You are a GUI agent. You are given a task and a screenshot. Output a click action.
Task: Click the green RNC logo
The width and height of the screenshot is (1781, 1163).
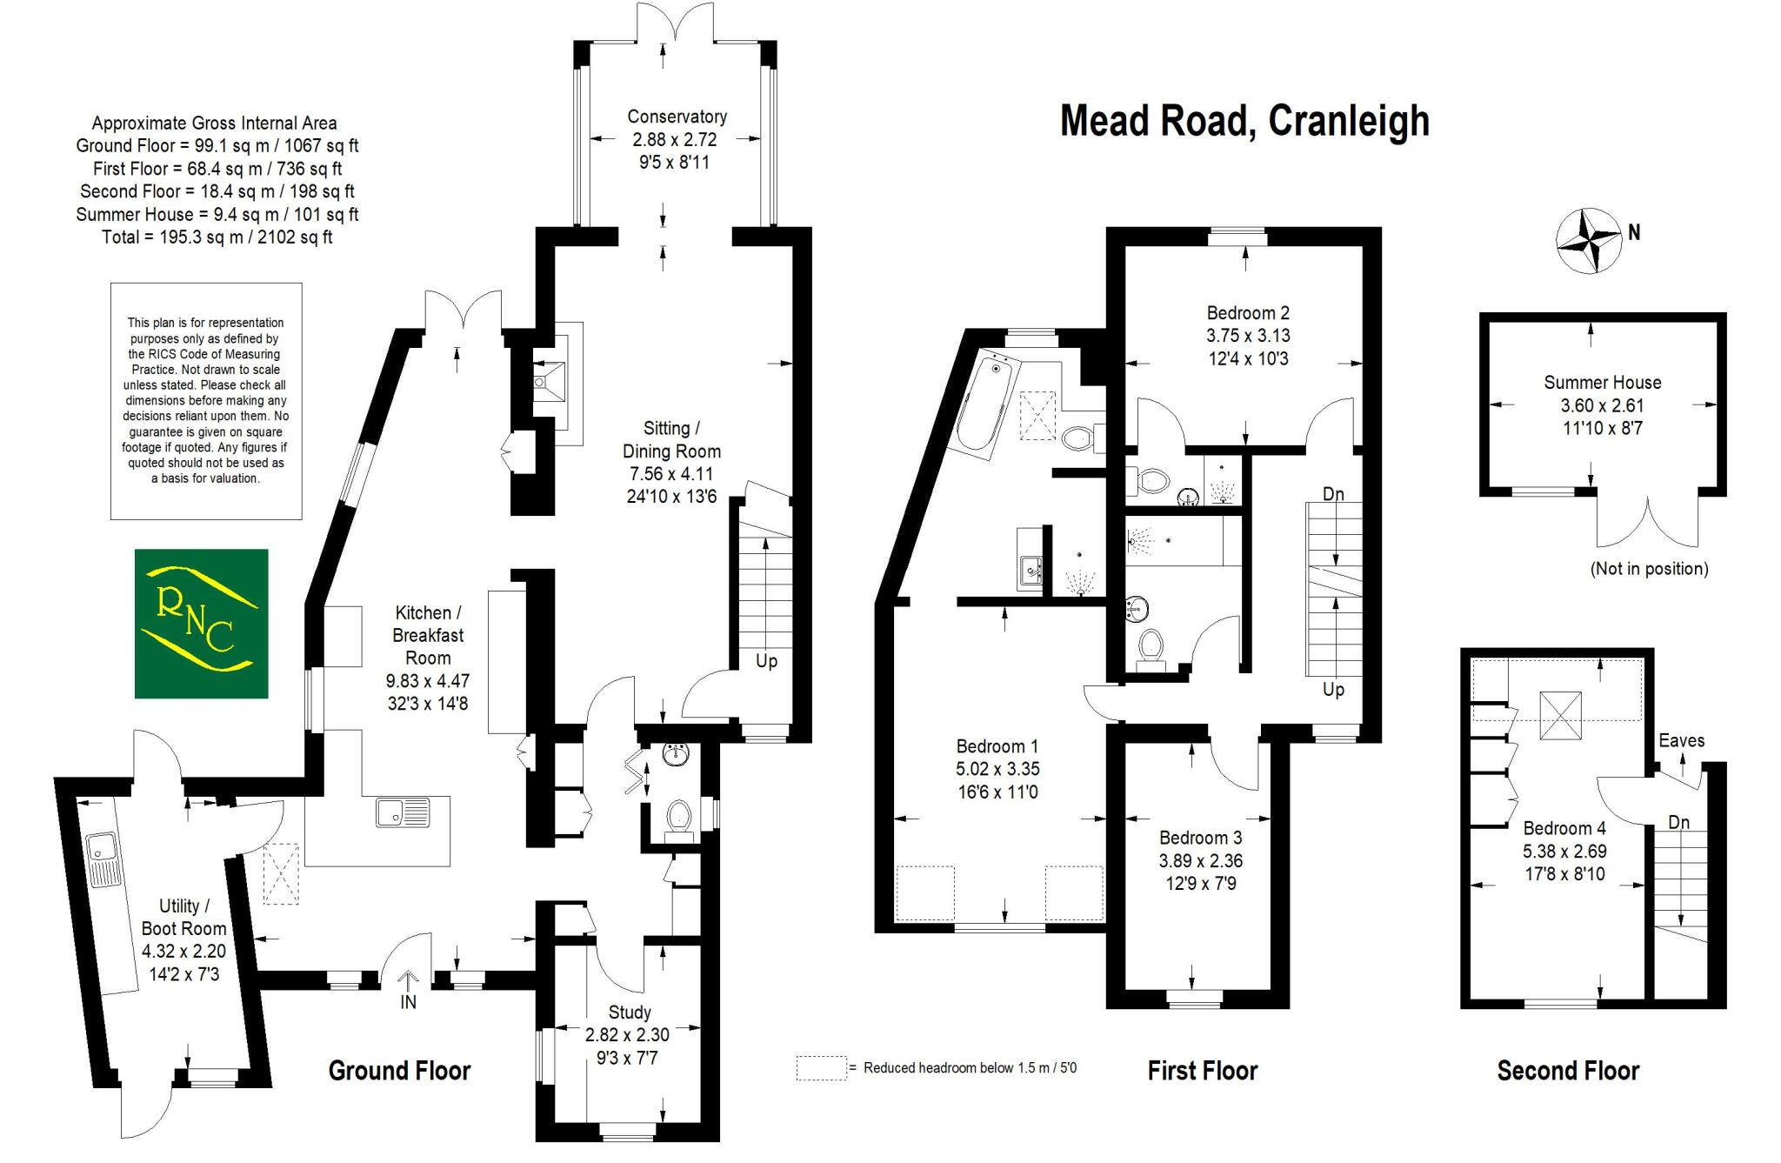pos(201,623)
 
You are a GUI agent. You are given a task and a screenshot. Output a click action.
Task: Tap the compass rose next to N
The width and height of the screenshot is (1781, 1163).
pos(1589,241)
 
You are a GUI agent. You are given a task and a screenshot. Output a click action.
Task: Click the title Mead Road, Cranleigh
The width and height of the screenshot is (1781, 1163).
pos(1244,121)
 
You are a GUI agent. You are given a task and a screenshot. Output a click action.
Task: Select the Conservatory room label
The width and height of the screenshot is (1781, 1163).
pos(677,117)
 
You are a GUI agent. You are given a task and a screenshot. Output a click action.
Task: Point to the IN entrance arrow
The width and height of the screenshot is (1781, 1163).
pos(408,985)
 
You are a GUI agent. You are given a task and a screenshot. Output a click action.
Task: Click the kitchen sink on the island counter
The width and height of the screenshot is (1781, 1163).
pos(403,812)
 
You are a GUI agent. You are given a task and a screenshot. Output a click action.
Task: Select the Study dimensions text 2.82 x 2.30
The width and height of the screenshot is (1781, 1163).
pos(628,1035)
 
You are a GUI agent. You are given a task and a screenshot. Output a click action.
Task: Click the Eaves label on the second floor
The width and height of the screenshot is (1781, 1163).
pos(1681,740)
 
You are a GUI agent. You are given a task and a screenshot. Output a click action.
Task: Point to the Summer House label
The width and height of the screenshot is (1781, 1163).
pos(1602,383)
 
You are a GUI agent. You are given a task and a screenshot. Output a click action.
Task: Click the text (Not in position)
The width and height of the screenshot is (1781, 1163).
pos(1649,569)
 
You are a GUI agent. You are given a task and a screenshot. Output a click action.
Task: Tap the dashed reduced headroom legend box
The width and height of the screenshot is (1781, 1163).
pos(820,1067)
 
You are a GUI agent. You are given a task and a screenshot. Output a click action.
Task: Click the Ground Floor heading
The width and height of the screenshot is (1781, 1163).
pos(399,1070)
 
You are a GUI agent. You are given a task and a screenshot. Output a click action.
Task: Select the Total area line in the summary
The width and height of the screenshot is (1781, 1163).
pos(217,237)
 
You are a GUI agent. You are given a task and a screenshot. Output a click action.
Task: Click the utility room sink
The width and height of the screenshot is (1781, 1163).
pos(102,849)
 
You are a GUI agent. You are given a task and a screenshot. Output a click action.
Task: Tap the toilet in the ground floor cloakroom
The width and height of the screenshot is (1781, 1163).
pos(678,818)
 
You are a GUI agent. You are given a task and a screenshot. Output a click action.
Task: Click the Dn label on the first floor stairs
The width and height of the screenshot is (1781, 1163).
pos(1333,494)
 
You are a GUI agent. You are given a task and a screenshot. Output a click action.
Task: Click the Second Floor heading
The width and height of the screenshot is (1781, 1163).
pos(1567,1070)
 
